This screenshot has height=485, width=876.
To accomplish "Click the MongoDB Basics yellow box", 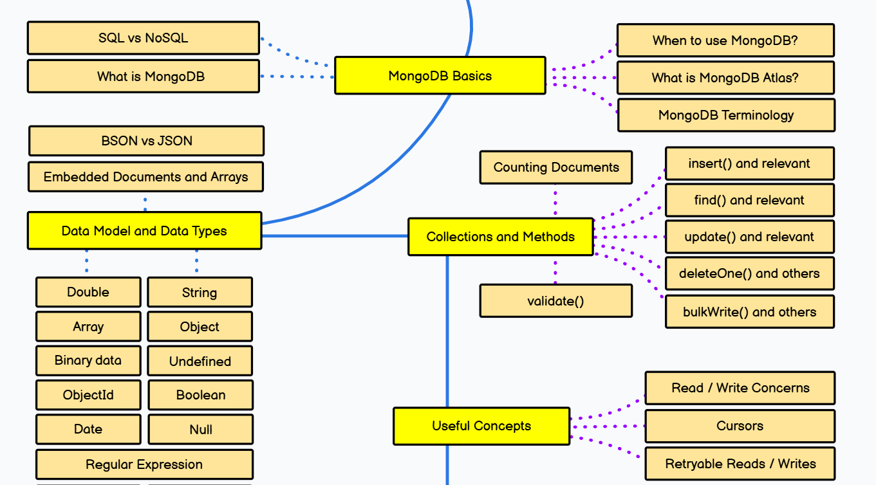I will pyautogui.click(x=440, y=76).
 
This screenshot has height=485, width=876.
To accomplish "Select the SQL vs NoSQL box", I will pyautogui.click(x=144, y=38).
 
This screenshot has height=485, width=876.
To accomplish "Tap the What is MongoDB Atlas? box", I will pyautogui.click(x=725, y=78).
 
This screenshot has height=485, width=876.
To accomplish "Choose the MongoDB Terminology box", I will pyautogui.click(x=726, y=115).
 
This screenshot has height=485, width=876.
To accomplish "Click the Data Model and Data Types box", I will pyautogui.click(x=144, y=231).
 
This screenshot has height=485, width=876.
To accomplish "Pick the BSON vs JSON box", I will pyautogui.click(x=147, y=141).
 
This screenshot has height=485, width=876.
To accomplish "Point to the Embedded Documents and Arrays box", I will pyautogui.click(x=146, y=177).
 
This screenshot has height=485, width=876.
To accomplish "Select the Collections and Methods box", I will pyautogui.click(x=501, y=237).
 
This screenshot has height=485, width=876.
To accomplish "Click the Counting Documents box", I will pyautogui.click(x=556, y=167).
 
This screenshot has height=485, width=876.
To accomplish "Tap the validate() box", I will pyautogui.click(x=556, y=301).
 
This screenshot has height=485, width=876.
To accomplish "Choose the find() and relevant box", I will pyautogui.click(x=749, y=200).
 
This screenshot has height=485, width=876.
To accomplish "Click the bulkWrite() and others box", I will pyautogui.click(x=749, y=312).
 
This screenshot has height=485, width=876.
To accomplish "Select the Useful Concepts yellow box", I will pyautogui.click(x=481, y=426).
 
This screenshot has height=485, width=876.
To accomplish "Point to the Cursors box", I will pyautogui.click(x=740, y=426).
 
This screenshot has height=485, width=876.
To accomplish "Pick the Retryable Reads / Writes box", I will pyautogui.click(x=740, y=464).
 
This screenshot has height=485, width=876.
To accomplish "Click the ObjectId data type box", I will pyautogui.click(x=88, y=395).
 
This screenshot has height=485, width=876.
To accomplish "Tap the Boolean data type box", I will pyautogui.click(x=201, y=395).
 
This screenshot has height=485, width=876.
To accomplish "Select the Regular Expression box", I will pyautogui.click(x=144, y=464).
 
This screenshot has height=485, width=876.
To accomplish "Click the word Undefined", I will pyautogui.click(x=200, y=361).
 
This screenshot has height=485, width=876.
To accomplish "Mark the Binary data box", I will pyautogui.click(x=88, y=360).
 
